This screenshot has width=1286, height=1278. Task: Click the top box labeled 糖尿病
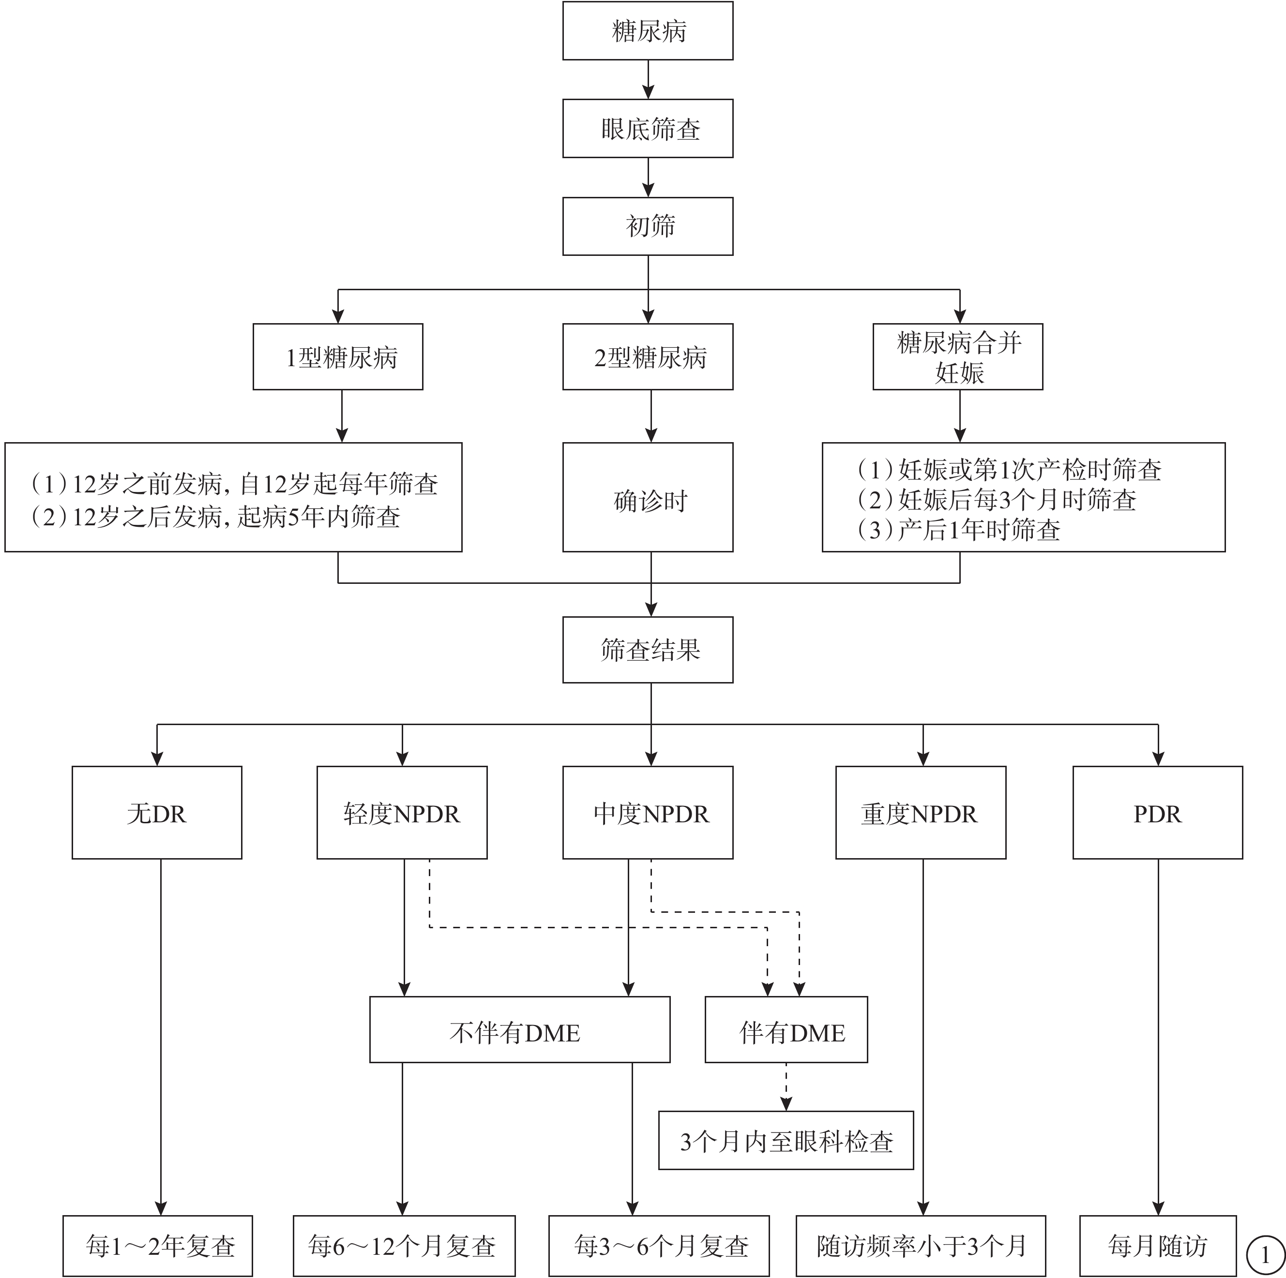pos(648,30)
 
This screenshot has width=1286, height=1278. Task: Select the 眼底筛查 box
pos(648,128)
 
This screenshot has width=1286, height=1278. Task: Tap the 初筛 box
pos(648,226)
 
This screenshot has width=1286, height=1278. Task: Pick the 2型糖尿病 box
pos(648,357)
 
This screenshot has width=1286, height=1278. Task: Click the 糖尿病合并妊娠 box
pos(958,357)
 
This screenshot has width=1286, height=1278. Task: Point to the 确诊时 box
pos(648,497)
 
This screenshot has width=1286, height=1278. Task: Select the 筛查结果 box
pos(648,649)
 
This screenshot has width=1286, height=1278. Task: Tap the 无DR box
pos(157,812)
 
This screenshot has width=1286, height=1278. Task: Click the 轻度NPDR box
pos(402,812)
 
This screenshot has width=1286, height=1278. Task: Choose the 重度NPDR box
pos(921,812)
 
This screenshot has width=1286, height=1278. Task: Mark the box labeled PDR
pos(1158,812)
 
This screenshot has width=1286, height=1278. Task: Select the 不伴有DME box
pos(520,1029)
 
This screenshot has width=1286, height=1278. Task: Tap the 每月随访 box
pos(1158,1246)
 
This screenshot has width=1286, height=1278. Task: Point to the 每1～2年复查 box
pos(158,1246)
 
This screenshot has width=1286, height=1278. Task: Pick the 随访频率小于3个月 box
pos(921,1246)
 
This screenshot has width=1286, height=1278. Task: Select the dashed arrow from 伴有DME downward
pos(786,1086)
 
